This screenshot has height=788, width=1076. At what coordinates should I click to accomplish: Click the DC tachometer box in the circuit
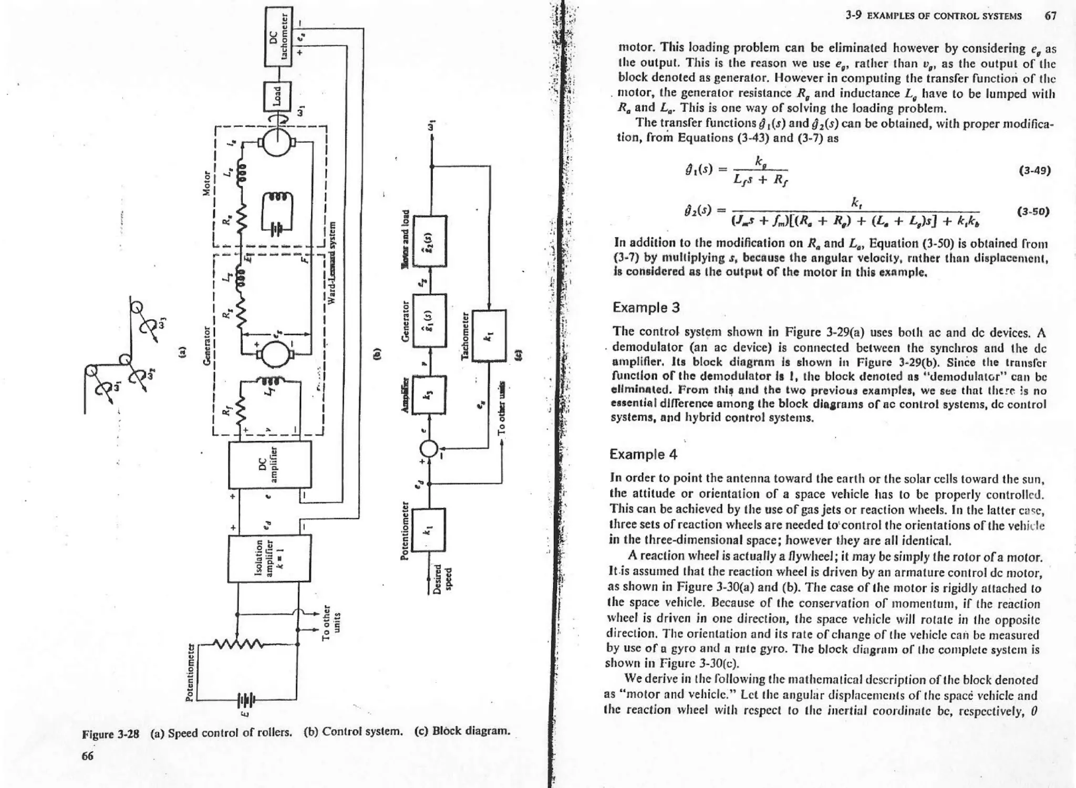click(x=278, y=36)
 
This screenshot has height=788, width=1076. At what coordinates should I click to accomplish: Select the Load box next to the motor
click(x=277, y=97)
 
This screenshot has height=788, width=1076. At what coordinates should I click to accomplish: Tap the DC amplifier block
click(x=270, y=465)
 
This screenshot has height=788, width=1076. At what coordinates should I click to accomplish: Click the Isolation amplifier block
click(x=269, y=558)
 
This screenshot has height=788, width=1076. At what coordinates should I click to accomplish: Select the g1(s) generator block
click(x=430, y=320)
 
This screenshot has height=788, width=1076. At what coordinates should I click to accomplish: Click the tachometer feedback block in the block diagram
click(x=489, y=336)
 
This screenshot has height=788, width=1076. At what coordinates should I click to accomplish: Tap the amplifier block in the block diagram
click(x=430, y=394)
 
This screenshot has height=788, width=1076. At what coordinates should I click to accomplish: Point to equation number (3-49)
click(x=1034, y=171)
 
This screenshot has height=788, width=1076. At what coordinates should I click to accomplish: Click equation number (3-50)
click(x=1033, y=212)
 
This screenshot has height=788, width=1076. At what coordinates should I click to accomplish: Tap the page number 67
click(x=1050, y=16)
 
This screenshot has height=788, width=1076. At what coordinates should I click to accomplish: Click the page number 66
click(x=88, y=756)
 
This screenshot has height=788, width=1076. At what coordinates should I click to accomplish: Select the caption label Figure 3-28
click(x=111, y=733)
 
